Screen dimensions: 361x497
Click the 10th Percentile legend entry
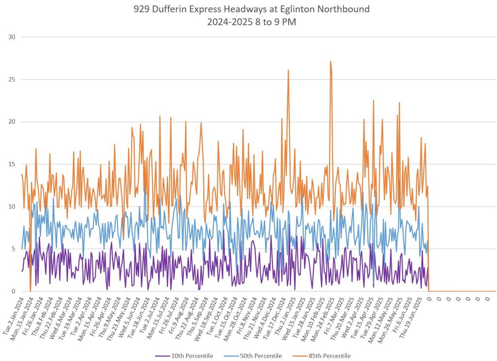click(x=192, y=356)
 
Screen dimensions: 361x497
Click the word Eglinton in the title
click(x=304, y=9)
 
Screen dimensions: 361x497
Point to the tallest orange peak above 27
click(x=331, y=62)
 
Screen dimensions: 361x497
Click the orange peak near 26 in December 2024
click(x=288, y=70)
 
